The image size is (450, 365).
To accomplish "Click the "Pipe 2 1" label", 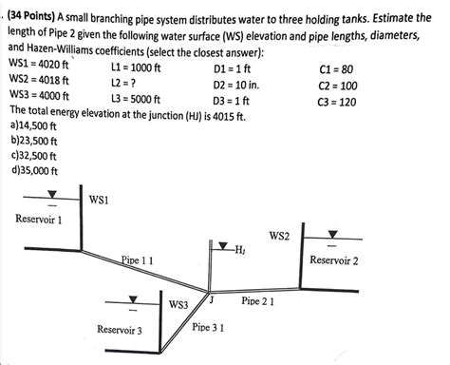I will pos(257,300).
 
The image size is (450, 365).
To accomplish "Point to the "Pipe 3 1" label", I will pos(208,326).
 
